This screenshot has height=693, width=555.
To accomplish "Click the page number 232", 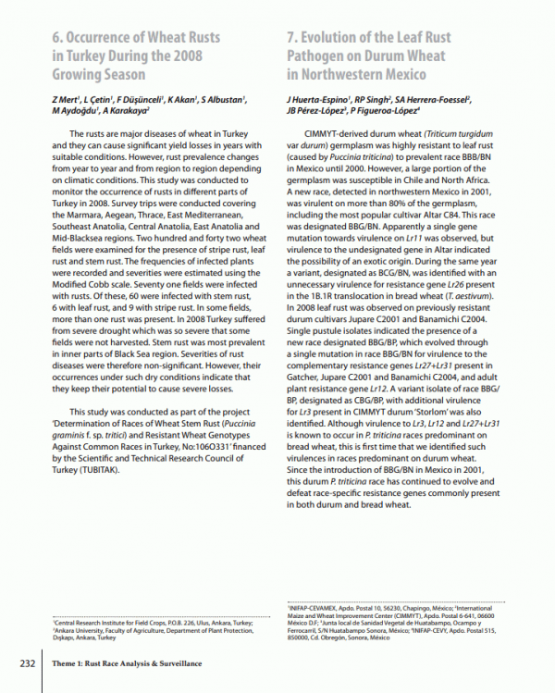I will point(20,663).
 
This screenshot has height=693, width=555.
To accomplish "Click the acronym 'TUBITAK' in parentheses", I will point(93,468).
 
